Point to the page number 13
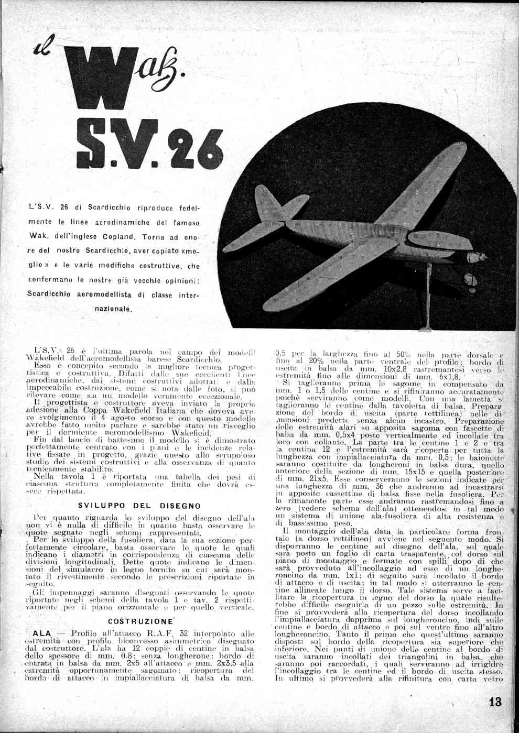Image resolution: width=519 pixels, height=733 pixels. click(495, 702)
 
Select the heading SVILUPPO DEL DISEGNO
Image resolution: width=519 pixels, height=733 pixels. click(139, 506)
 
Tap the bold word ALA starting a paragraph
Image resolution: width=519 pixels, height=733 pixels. click(42, 633)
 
